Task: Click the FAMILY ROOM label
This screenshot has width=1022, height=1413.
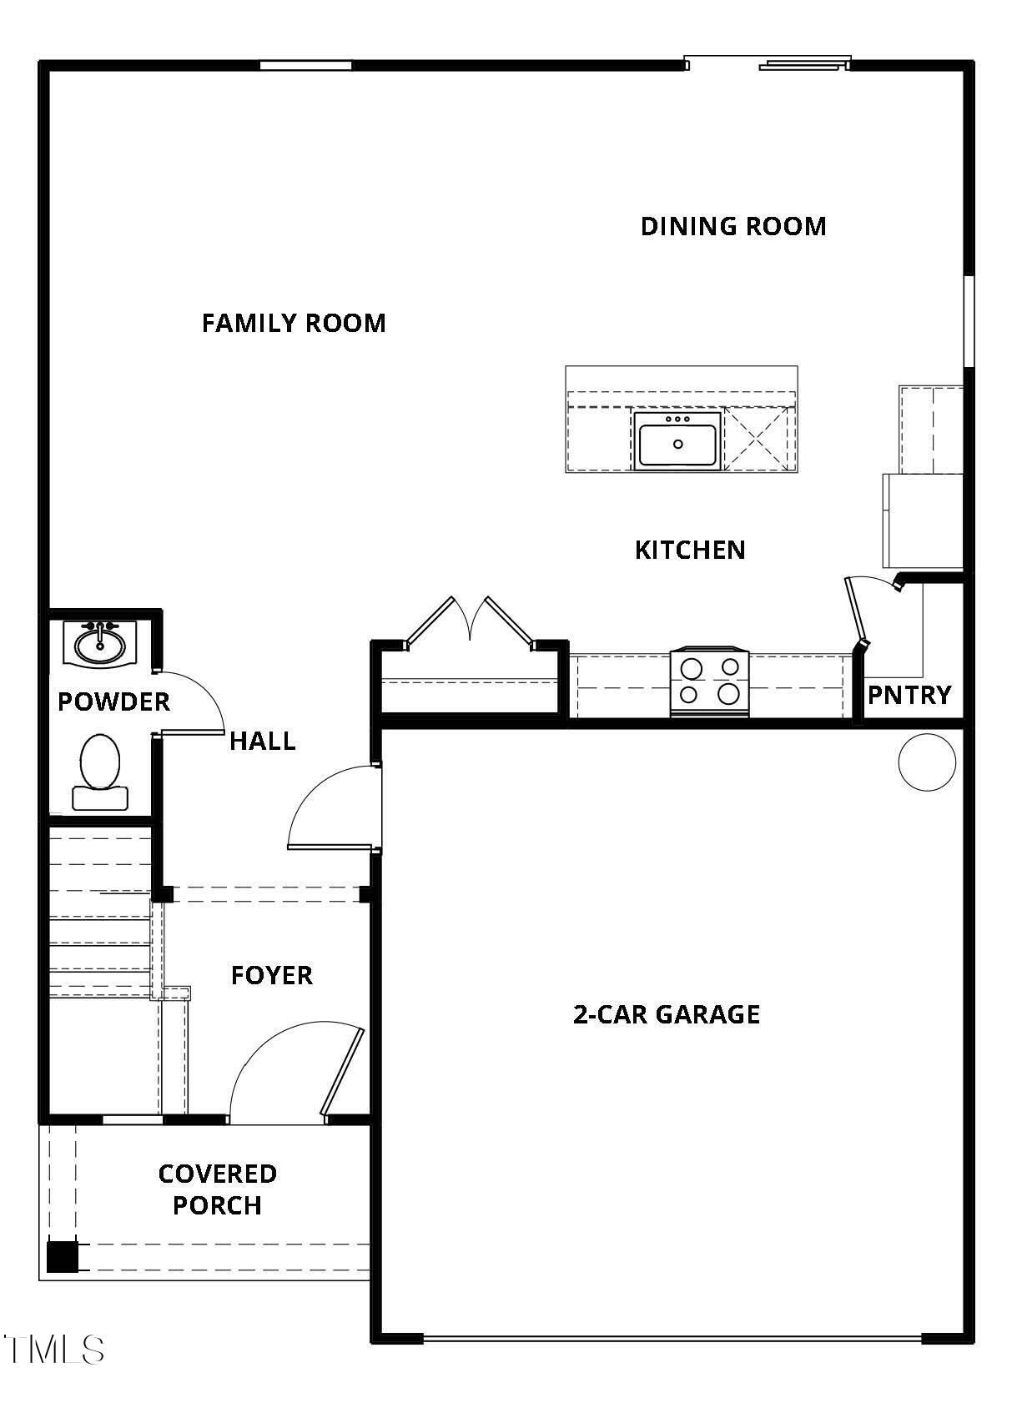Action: (x=294, y=323)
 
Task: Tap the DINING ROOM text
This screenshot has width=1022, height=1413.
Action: (x=733, y=226)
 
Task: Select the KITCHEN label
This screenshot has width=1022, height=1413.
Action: (x=690, y=550)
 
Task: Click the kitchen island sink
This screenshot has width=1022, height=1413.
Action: (x=677, y=441)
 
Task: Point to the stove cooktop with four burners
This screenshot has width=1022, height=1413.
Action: (x=709, y=681)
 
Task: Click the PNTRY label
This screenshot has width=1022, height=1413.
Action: (x=909, y=695)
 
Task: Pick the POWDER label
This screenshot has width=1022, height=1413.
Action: (x=113, y=702)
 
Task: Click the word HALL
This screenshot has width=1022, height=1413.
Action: (x=262, y=741)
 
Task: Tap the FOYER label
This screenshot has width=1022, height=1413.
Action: (x=271, y=975)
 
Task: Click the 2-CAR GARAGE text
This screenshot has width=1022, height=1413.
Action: (x=667, y=1014)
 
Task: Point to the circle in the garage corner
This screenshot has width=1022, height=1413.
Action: (x=927, y=762)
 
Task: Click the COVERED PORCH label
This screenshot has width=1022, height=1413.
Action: (x=217, y=1189)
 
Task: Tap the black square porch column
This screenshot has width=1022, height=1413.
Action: (x=62, y=1256)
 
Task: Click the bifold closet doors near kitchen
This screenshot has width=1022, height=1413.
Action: (x=470, y=621)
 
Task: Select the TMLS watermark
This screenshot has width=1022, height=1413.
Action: (x=54, y=1350)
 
